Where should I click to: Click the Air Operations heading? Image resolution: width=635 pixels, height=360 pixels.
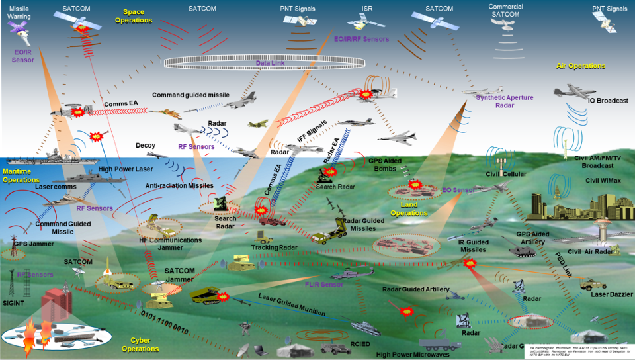tap(581, 66)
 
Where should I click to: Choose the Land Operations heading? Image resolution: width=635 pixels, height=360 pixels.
tap(409, 208)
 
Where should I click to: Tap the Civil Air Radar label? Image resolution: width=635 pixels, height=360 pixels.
tap(590, 251)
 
